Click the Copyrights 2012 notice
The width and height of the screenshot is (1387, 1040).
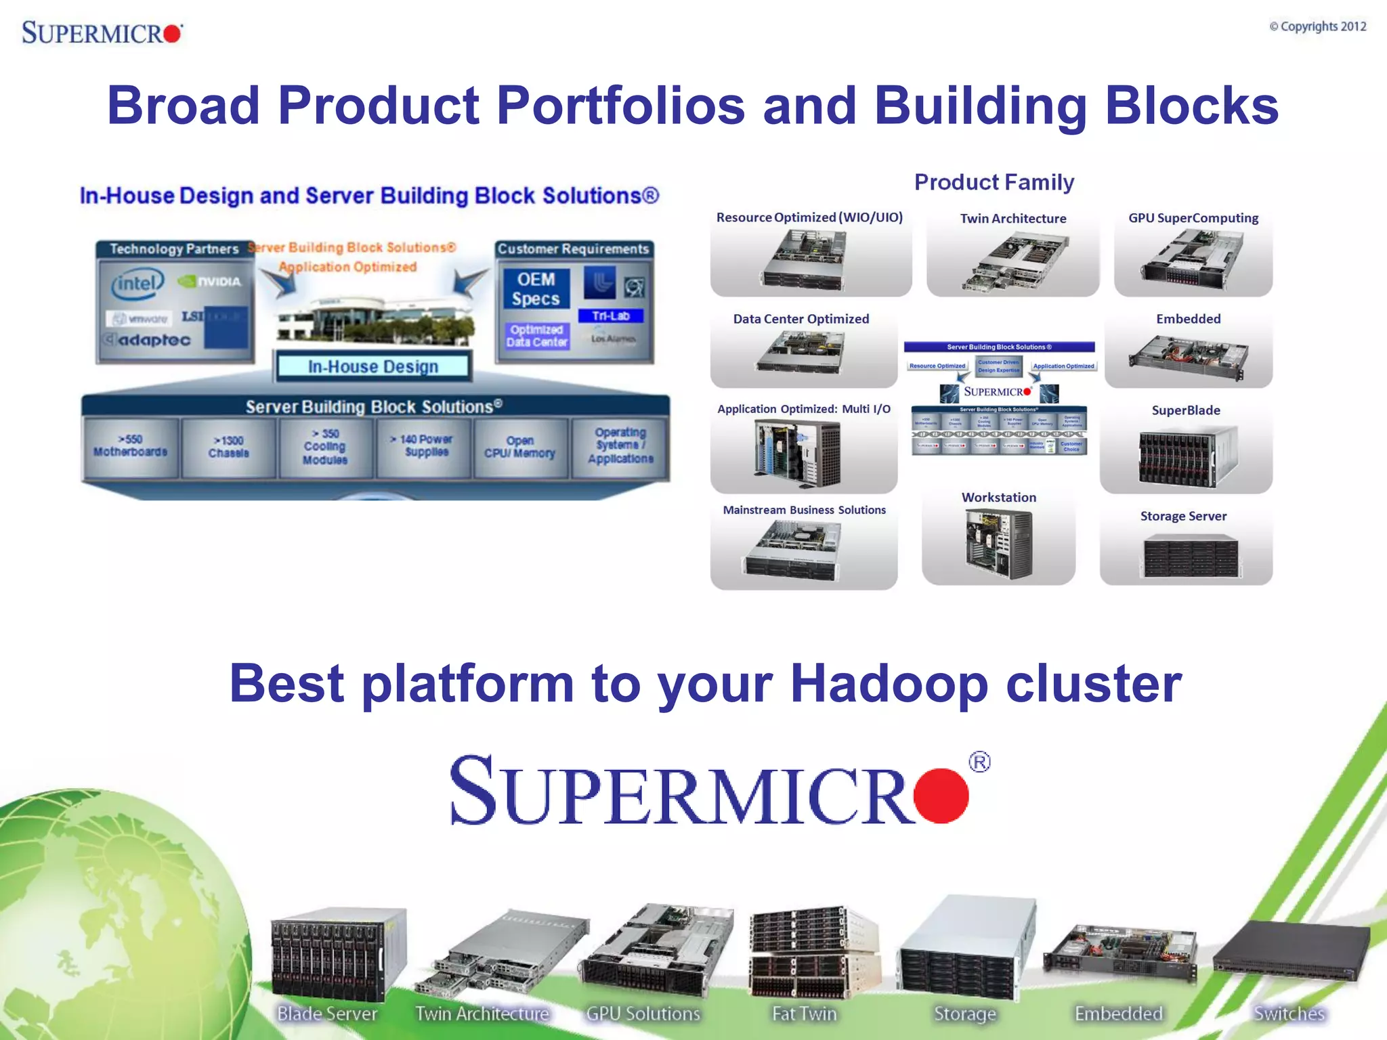click(1317, 26)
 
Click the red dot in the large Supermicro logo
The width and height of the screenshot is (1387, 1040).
click(941, 796)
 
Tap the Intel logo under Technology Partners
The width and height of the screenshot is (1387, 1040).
click(137, 284)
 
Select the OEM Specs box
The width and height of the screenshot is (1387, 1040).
click(536, 289)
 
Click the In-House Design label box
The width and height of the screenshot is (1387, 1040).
click(372, 366)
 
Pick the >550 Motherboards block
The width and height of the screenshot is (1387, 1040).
click(131, 446)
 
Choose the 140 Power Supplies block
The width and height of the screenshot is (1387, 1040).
click(425, 446)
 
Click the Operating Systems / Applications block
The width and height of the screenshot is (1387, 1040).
click(620, 446)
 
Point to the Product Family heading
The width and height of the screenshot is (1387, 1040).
click(994, 182)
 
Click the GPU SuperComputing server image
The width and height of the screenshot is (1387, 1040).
click(1192, 260)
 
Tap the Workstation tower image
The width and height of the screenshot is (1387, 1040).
click(998, 543)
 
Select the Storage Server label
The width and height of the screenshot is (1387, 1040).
click(1182, 516)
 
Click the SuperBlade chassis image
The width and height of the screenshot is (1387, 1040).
click(1187, 457)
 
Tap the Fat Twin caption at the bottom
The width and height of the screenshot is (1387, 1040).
click(805, 1014)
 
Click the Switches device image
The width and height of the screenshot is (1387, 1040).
click(1289, 951)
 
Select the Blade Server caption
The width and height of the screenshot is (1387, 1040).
click(327, 1014)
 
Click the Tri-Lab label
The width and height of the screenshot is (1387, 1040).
click(610, 316)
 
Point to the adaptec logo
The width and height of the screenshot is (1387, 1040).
click(148, 340)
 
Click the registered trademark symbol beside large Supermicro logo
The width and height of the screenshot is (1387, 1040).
click(979, 762)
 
